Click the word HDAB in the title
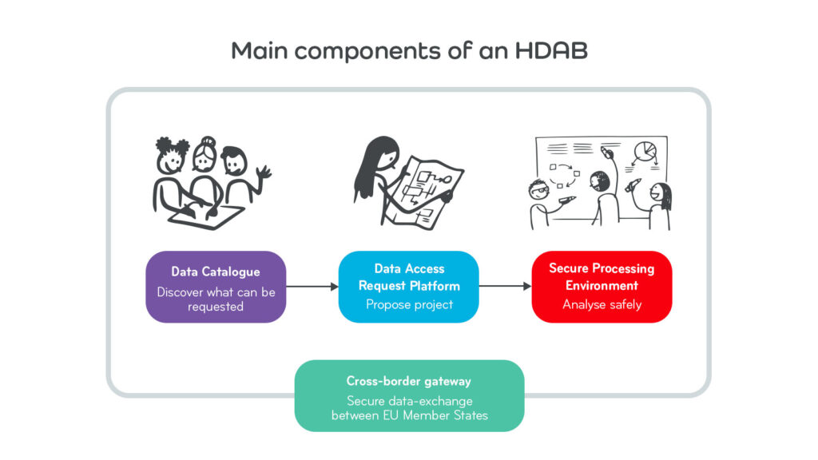pos(551,50)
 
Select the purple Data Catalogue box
pos(216,287)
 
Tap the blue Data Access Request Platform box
pos(409,287)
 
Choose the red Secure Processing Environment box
pos(602,287)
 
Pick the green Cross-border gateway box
pos(410,396)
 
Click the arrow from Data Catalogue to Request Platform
pos(312,287)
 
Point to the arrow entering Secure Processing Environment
pos(505,286)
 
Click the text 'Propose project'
pos(410,304)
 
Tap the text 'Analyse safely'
pos(602,304)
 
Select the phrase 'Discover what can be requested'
pos(216,299)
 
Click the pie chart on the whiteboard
pos(645,152)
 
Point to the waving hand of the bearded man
pos(264,173)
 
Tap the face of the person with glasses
pos(539,190)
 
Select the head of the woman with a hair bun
pos(205,154)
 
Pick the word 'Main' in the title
pos(260,50)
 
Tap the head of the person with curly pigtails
pos(172,156)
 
